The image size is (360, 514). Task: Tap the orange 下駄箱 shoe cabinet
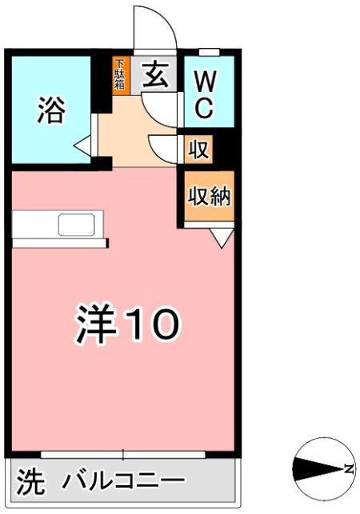click(120, 74)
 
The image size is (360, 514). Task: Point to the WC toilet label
click(203, 94)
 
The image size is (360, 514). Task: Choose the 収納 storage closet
click(209, 196)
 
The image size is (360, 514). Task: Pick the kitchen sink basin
click(76, 225)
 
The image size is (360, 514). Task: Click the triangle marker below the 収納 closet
click(222, 237)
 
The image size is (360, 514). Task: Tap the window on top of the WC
click(209, 52)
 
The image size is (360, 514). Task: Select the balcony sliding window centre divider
click(123, 456)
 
